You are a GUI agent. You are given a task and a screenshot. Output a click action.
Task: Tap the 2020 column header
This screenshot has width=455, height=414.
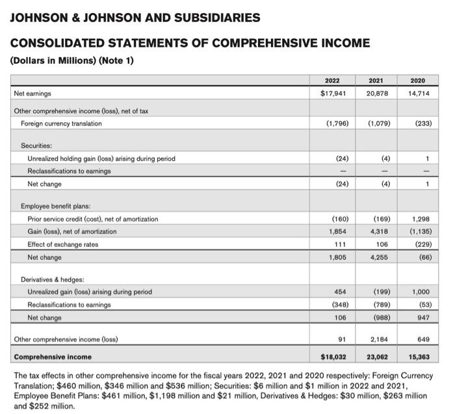(x=417, y=81)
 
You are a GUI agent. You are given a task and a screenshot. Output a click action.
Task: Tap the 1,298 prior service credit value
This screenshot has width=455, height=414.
(x=418, y=219)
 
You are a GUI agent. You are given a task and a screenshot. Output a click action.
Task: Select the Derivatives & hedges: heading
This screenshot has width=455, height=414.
(x=54, y=279)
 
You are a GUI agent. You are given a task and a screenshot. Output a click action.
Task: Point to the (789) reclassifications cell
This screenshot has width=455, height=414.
(x=380, y=305)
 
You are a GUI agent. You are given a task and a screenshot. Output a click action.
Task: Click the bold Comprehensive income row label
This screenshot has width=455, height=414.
(x=53, y=356)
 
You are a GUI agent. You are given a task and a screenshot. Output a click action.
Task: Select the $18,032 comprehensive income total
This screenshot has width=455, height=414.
(x=334, y=356)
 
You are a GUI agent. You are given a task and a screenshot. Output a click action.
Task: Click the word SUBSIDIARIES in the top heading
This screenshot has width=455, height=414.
(x=206, y=18)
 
